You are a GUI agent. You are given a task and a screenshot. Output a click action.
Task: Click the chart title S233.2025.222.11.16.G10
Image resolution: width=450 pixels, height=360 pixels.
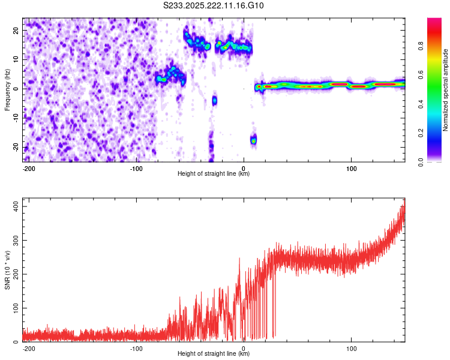[214, 6]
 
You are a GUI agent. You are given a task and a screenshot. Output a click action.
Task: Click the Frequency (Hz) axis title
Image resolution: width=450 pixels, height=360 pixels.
[7, 90]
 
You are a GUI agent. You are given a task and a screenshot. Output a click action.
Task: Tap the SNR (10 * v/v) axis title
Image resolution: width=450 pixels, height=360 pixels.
[7, 270]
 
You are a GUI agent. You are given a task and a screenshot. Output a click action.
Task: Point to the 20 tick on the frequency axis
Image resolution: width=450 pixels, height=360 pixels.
[16, 30]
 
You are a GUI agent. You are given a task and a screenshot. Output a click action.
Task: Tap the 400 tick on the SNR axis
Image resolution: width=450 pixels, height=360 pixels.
[14, 206]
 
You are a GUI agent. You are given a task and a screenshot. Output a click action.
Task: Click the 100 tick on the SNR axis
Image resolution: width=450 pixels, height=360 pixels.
[14, 308]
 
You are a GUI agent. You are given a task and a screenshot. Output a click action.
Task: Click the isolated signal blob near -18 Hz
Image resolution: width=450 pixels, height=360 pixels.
[253, 140]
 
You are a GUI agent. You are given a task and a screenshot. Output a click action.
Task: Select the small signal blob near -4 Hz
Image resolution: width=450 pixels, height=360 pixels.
[214, 100]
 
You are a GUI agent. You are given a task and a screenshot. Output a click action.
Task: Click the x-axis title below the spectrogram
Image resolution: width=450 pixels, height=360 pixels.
[214, 174]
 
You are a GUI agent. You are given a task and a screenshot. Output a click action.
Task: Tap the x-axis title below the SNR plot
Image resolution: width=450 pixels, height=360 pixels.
[214, 354]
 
